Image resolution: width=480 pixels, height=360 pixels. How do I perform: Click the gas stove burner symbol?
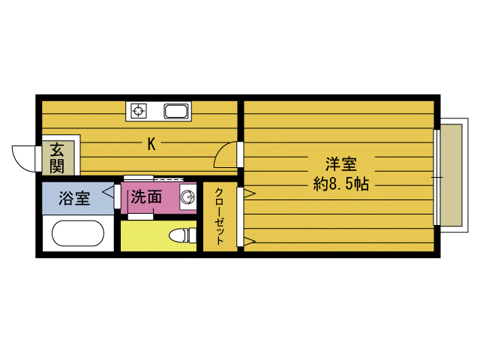[x=138, y=110]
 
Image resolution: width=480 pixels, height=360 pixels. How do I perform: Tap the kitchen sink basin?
[x=176, y=111]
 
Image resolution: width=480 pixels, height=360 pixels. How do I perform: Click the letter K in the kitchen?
[x=151, y=144]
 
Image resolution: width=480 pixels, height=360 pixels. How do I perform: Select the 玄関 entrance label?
[x=57, y=158]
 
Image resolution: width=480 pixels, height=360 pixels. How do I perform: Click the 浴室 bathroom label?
[x=74, y=198]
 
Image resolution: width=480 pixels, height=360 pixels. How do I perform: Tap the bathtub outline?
[x=78, y=233]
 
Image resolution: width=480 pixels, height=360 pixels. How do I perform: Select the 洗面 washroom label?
[x=146, y=196]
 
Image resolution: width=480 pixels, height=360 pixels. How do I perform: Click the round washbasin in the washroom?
[x=187, y=197]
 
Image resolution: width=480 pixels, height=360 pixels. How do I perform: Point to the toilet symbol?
[x=182, y=235]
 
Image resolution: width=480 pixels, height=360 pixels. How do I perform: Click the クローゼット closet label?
[x=219, y=216]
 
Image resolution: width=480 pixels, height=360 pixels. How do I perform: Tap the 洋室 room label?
[x=341, y=164]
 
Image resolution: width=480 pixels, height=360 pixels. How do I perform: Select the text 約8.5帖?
[x=341, y=184]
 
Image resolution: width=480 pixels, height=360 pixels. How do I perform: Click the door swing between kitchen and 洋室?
[x=225, y=154]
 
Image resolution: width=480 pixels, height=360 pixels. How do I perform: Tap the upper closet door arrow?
[x=250, y=193]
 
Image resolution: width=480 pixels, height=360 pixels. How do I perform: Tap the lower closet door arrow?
[x=250, y=241]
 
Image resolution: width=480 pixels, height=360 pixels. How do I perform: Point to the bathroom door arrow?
[x=108, y=193]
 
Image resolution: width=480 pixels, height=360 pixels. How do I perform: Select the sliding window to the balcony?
[x=436, y=178]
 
